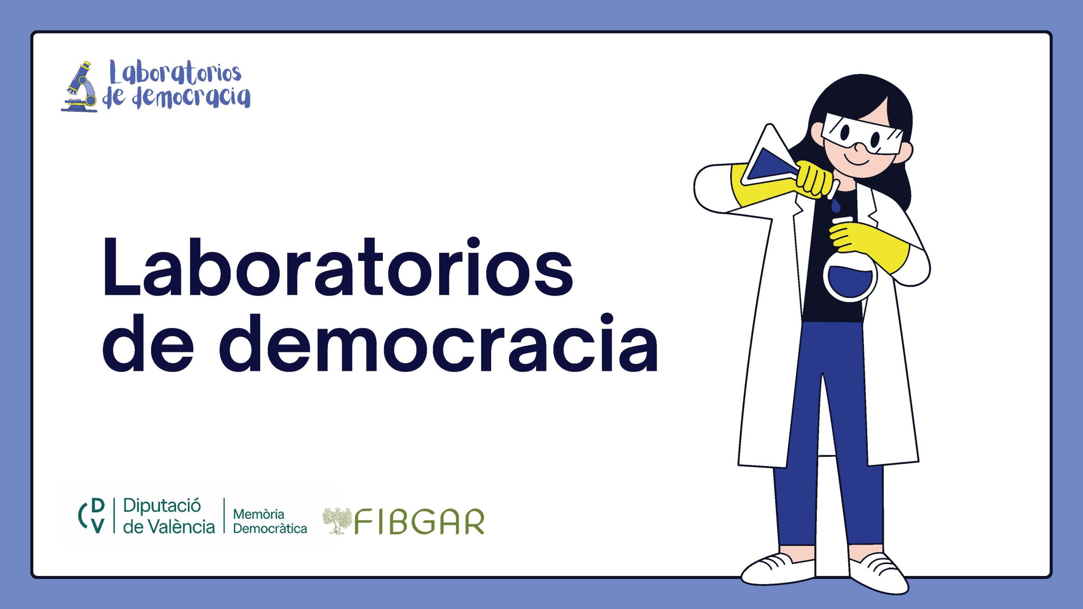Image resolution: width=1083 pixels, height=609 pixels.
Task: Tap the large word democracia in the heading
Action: (438, 343)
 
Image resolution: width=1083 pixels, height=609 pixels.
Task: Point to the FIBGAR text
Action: (419, 522)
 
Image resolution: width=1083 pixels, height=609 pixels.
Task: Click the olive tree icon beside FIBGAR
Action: (337, 521)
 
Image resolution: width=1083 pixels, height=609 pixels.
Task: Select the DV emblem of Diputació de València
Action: (92, 516)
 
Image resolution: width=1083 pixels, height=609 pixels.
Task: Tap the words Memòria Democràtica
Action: (270, 521)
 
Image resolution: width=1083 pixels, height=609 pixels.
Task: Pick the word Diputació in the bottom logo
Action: (162, 506)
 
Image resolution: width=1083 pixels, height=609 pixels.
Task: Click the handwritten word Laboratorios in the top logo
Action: (175, 73)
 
